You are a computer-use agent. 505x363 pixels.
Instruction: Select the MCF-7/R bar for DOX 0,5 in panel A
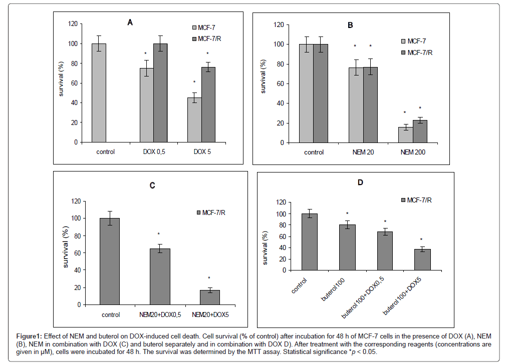tap(161, 93)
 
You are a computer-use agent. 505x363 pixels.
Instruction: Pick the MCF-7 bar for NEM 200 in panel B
tap(406, 135)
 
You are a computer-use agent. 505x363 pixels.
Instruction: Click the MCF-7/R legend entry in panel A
tap(212, 38)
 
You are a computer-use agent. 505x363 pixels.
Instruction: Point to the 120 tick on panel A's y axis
tap(73, 24)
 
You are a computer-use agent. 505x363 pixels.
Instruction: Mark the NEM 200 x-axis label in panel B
tap(413, 152)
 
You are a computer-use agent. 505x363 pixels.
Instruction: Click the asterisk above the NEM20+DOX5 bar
tap(209, 278)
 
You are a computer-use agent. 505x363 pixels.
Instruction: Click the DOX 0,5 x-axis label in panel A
tap(154, 151)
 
